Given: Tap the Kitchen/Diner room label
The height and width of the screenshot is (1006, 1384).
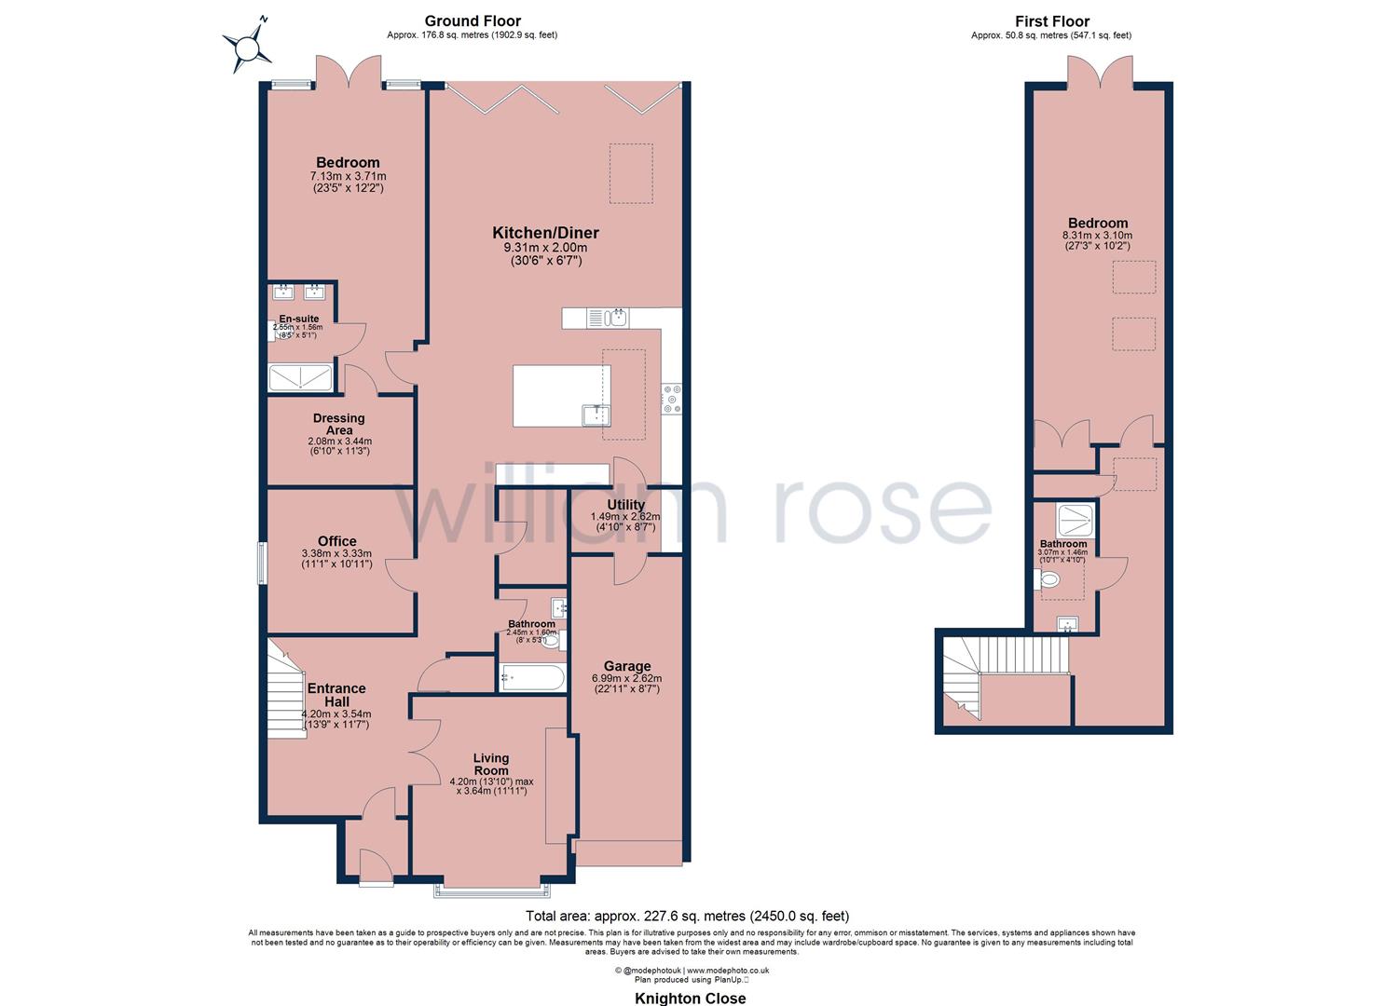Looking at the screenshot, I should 545,233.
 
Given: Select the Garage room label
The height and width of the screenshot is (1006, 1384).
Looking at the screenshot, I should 626,666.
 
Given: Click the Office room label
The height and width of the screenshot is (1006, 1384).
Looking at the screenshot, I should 336,541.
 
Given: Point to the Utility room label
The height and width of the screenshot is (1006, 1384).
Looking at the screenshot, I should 625,505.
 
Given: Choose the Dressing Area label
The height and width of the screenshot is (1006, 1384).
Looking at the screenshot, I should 339,424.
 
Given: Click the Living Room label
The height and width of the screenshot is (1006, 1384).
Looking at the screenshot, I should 490,764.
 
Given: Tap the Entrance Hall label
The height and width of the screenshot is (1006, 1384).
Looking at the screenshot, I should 336,694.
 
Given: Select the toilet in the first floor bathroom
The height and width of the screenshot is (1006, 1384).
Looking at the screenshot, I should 1048,580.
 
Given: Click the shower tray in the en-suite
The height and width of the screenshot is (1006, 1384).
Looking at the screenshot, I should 300,377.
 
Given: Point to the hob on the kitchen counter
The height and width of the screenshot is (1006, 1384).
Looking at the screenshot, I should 671,398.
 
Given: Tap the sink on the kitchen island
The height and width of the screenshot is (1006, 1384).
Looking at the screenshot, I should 596,414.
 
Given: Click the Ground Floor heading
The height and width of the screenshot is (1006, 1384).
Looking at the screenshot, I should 473,20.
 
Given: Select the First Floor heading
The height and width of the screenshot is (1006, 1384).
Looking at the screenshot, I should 1051,20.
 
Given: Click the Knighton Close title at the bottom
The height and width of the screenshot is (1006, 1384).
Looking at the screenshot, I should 690,999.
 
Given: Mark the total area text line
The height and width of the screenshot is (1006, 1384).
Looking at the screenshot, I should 687,916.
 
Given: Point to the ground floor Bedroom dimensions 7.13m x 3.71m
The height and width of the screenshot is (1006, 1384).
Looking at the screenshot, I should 348,176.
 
